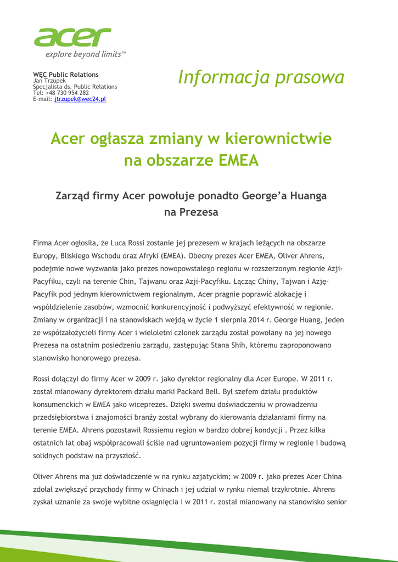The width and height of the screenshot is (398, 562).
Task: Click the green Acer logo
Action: click(x=72, y=37)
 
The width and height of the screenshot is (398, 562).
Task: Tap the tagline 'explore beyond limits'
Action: click(x=86, y=54)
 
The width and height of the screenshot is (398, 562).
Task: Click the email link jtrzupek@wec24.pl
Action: click(x=80, y=99)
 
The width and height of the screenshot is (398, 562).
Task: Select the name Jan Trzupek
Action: click(x=49, y=81)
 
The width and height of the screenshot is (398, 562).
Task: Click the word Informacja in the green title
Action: click(x=224, y=77)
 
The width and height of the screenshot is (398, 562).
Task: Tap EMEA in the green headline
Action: click(x=238, y=161)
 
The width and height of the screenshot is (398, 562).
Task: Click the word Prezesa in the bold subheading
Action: click(x=192, y=212)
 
